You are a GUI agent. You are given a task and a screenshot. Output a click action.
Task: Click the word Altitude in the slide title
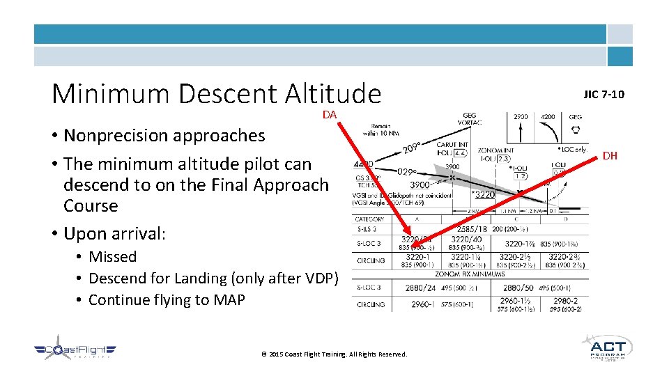[333, 93]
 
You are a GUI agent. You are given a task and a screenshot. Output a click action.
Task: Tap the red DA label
[330, 115]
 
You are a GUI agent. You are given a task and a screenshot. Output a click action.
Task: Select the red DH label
[610, 155]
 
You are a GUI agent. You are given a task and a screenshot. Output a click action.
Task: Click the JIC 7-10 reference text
[604, 94]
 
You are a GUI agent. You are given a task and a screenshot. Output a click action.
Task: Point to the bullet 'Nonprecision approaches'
[164, 135]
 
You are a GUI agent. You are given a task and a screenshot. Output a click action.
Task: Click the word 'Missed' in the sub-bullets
[112, 256]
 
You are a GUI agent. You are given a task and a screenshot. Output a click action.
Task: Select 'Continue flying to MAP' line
[167, 299]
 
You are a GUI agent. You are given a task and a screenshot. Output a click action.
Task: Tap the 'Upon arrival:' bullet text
[114, 233]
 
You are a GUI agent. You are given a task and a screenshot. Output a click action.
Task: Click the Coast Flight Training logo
[75, 352]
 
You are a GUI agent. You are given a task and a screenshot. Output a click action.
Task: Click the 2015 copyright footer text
[334, 354]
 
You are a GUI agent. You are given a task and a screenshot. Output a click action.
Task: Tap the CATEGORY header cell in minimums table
[369, 219]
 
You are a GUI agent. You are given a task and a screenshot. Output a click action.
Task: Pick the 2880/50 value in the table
[518, 287]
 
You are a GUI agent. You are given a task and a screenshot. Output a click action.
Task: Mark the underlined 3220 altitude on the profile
[484, 195]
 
